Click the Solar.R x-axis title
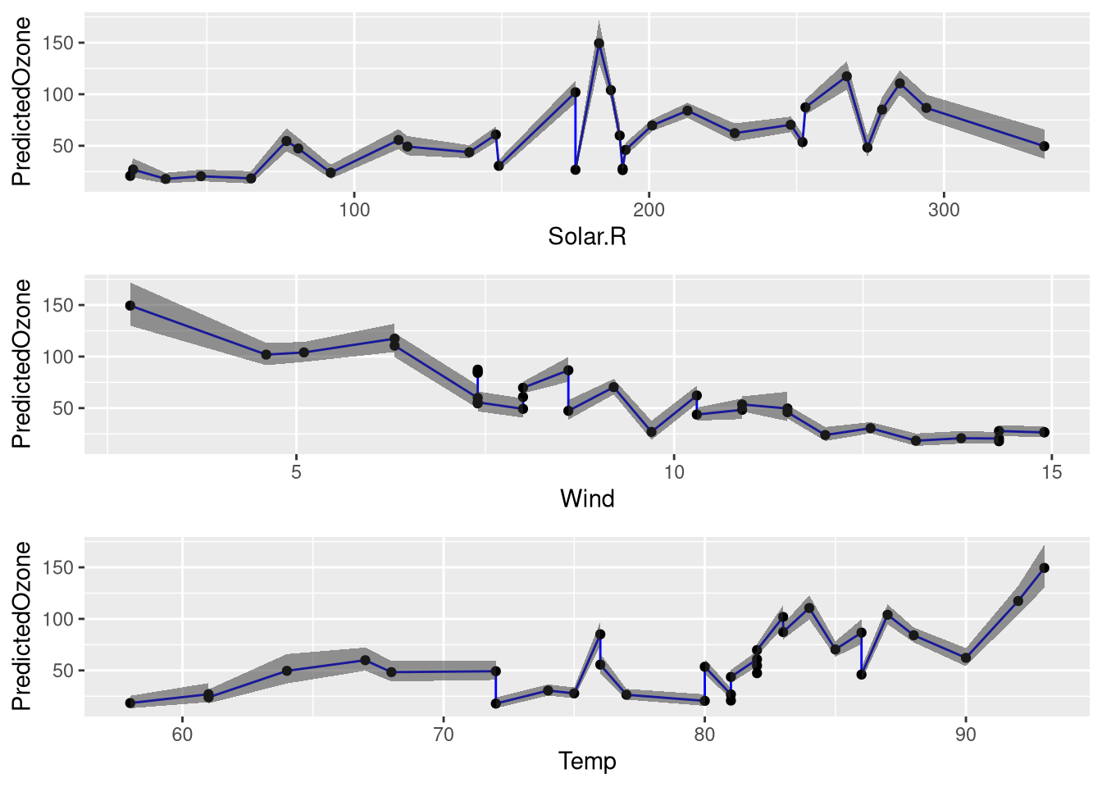click(x=587, y=237)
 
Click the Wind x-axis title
click(x=587, y=498)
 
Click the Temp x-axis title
click(x=587, y=761)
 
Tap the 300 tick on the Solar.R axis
click(x=944, y=210)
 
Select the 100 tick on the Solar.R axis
click(x=354, y=210)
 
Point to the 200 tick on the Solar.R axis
click(x=649, y=210)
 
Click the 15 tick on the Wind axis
click(x=1051, y=472)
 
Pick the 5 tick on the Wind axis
click(x=297, y=472)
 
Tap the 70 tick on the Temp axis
click(x=443, y=735)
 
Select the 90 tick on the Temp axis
click(x=966, y=735)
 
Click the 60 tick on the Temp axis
click(x=182, y=735)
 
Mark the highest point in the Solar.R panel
click(x=599, y=43)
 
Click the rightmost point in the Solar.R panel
click(x=1044, y=146)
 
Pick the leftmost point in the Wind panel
click(x=130, y=306)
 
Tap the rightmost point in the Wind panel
click(x=1044, y=432)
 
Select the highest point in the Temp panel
click(x=1044, y=567)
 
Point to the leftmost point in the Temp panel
click(x=130, y=703)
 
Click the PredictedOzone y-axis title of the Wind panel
click(x=22, y=364)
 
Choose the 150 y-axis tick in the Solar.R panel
click(x=63, y=43)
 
